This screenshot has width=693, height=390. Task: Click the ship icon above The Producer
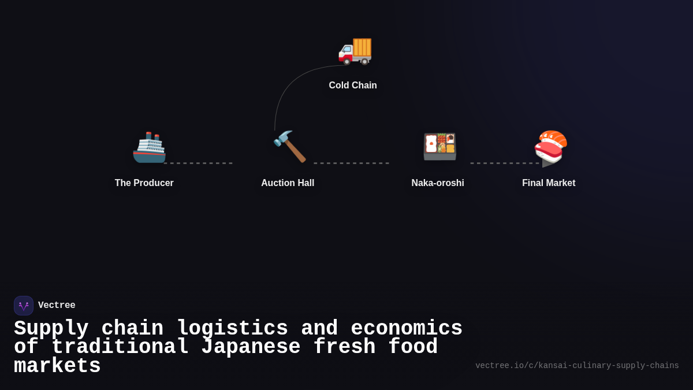point(149,147)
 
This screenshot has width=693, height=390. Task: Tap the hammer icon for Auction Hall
point(289,146)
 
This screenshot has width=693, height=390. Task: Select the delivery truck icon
point(355,49)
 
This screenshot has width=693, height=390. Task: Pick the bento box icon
point(439,146)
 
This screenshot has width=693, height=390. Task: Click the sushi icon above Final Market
point(550,146)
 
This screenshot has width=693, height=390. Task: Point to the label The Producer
point(144,183)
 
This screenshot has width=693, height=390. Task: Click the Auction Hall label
point(288,183)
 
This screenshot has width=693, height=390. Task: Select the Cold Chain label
point(353,86)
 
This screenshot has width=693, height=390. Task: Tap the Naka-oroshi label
point(438,183)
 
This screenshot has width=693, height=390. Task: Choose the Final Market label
point(549,183)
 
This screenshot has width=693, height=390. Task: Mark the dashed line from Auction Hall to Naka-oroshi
point(351,163)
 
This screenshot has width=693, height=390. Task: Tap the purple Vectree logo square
point(24,306)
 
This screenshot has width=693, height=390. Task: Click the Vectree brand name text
point(57,306)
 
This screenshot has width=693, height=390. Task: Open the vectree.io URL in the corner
point(577,366)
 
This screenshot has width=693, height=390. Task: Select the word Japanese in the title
point(251,347)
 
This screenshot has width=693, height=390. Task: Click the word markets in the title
point(57,366)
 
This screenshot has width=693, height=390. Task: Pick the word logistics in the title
point(232,329)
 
